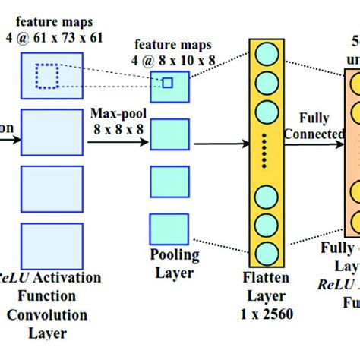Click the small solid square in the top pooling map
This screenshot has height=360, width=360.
point(167,82)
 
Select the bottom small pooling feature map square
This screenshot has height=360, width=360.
point(168,228)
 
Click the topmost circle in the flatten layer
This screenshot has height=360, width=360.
point(266,55)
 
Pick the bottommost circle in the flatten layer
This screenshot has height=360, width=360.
point(266,253)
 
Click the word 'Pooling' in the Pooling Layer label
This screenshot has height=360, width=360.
point(174,255)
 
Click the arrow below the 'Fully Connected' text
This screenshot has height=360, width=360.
point(314,143)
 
